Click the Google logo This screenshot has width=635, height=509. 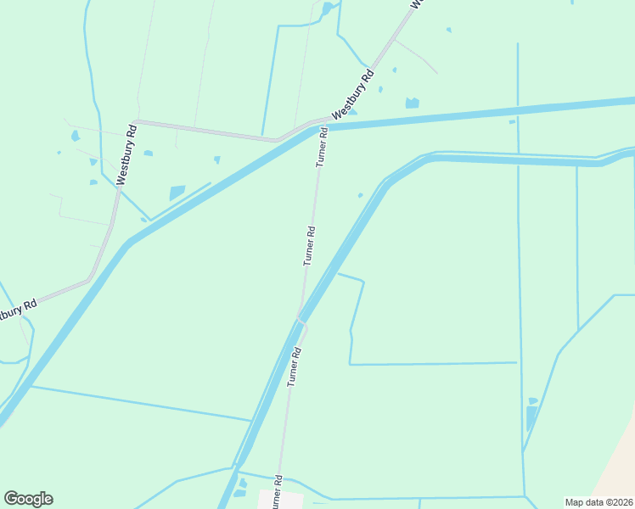[28, 499]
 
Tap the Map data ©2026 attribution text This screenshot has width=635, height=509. [598, 501]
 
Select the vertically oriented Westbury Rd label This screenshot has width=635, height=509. [126, 155]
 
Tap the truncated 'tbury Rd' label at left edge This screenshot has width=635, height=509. [17, 310]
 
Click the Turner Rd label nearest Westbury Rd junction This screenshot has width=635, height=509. [321, 146]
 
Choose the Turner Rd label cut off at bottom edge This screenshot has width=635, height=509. [277, 493]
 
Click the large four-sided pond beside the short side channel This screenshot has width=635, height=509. [177, 193]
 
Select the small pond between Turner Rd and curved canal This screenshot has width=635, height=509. [360, 195]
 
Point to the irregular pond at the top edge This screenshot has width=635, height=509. [327, 9]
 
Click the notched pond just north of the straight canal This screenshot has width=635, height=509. [412, 103]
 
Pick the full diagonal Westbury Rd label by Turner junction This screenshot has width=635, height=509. [352, 95]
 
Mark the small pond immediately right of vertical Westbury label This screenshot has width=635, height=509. [149, 154]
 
